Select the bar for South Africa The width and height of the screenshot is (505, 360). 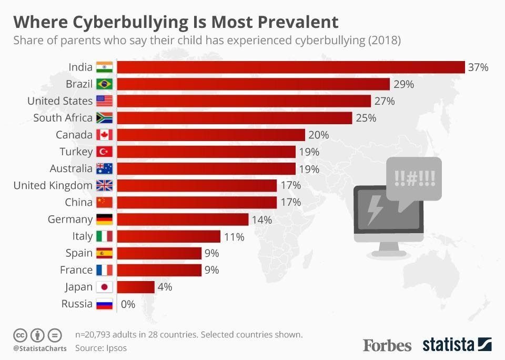[234, 118]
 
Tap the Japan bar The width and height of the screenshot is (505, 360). [135, 287]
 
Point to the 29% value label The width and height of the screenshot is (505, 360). [403, 84]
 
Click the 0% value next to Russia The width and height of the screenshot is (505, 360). [128, 304]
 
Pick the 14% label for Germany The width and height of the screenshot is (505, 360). [261, 219]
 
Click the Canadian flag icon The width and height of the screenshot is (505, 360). [104, 135]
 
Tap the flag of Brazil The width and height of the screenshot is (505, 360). [104, 84]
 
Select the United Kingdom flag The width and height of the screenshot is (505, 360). [104, 185]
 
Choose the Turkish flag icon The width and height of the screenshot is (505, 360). [104, 152]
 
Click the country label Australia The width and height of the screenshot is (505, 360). [71, 168]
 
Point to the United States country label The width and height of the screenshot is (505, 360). [59, 101]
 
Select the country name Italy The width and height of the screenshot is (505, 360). [82, 236]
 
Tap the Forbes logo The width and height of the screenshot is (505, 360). [387, 345]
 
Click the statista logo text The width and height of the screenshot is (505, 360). [448, 345]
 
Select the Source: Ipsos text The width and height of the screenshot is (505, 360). [100, 348]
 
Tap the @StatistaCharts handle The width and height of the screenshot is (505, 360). [39, 348]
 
